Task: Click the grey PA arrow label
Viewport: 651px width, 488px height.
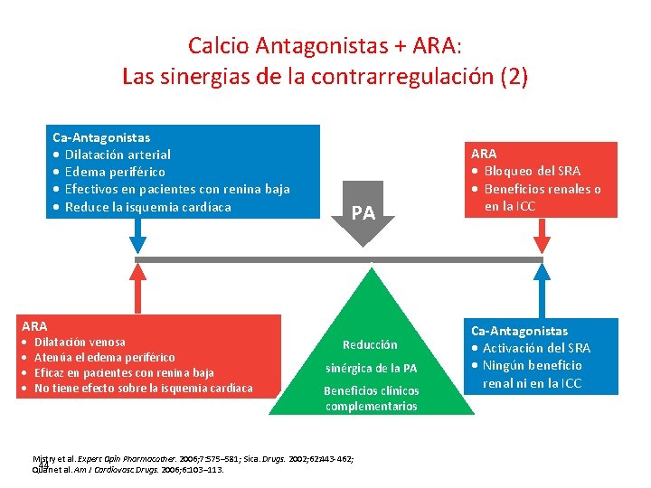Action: click(x=363, y=214)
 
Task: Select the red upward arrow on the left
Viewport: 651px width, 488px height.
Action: click(x=137, y=287)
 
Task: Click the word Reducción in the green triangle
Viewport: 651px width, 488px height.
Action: click(x=369, y=344)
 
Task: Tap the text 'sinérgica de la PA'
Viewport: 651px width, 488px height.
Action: click(x=372, y=368)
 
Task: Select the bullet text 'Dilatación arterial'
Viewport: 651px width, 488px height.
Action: click(x=118, y=155)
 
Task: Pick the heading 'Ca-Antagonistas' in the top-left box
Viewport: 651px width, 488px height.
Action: click(x=101, y=137)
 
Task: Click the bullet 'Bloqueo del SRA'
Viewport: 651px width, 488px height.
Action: click(x=532, y=171)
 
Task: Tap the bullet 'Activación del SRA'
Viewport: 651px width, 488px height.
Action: click(x=536, y=348)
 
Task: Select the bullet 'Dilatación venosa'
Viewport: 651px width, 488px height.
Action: click(x=80, y=342)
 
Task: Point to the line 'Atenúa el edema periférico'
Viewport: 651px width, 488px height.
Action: click(x=104, y=357)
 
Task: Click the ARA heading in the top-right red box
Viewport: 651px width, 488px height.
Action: click(x=484, y=154)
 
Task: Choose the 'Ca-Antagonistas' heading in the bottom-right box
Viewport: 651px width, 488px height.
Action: click(x=519, y=331)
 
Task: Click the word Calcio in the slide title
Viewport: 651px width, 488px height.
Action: click(x=214, y=44)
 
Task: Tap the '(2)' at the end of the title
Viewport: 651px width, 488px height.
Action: click(x=514, y=77)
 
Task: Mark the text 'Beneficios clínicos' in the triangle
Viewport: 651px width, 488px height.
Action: click(x=372, y=391)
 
